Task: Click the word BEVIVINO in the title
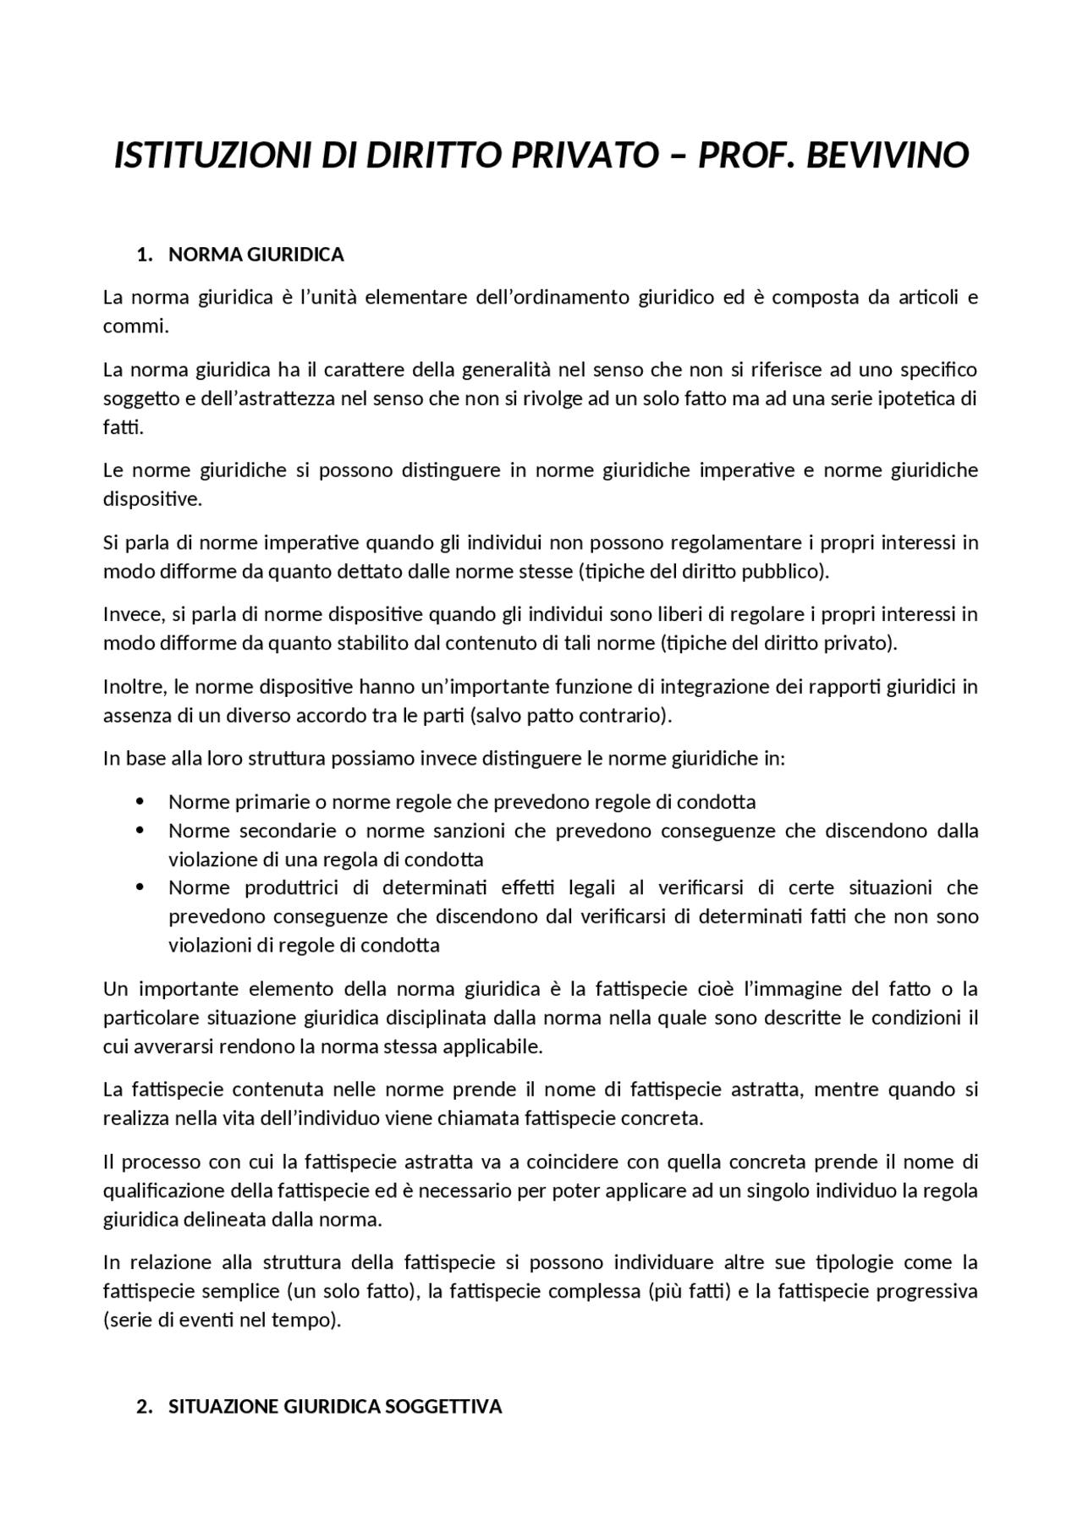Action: point(887,156)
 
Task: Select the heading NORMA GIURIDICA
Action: point(256,255)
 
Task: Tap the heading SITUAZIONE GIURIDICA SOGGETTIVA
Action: point(335,1407)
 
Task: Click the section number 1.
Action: point(144,255)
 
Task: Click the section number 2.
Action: point(144,1407)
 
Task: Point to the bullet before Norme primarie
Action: point(140,801)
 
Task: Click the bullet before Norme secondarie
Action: point(140,830)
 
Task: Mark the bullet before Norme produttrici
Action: point(140,887)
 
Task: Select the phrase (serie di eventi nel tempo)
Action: point(222,1321)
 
